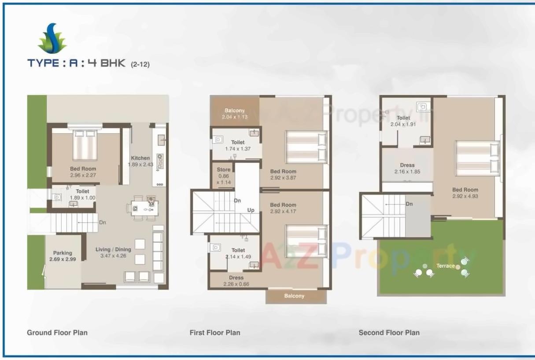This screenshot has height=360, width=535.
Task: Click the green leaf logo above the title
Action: click(52, 39)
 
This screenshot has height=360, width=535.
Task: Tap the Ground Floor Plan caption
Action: click(57, 333)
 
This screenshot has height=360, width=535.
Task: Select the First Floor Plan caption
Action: click(215, 333)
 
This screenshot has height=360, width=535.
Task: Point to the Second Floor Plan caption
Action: click(389, 333)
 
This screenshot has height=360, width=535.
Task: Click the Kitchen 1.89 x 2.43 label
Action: click(140, 161)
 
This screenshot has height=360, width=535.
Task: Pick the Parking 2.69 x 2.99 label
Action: click(63, 256)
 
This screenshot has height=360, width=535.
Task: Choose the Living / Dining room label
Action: click(113, 252)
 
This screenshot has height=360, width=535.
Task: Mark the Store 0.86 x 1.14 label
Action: click(224, 176)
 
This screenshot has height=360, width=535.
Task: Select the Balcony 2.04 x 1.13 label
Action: click(235, 114)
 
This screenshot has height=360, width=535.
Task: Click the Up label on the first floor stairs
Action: click(251, 210)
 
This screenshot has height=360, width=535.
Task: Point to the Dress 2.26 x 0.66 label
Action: click(236, 281)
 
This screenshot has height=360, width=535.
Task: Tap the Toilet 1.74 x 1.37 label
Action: click(238, 146)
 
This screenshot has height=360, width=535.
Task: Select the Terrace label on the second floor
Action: click(445, 266)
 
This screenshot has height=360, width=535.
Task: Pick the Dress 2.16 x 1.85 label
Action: click(407, 169)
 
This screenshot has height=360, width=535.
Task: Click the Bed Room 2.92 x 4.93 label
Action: click(465, 193)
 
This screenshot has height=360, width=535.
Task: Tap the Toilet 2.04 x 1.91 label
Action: click(403, 121)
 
